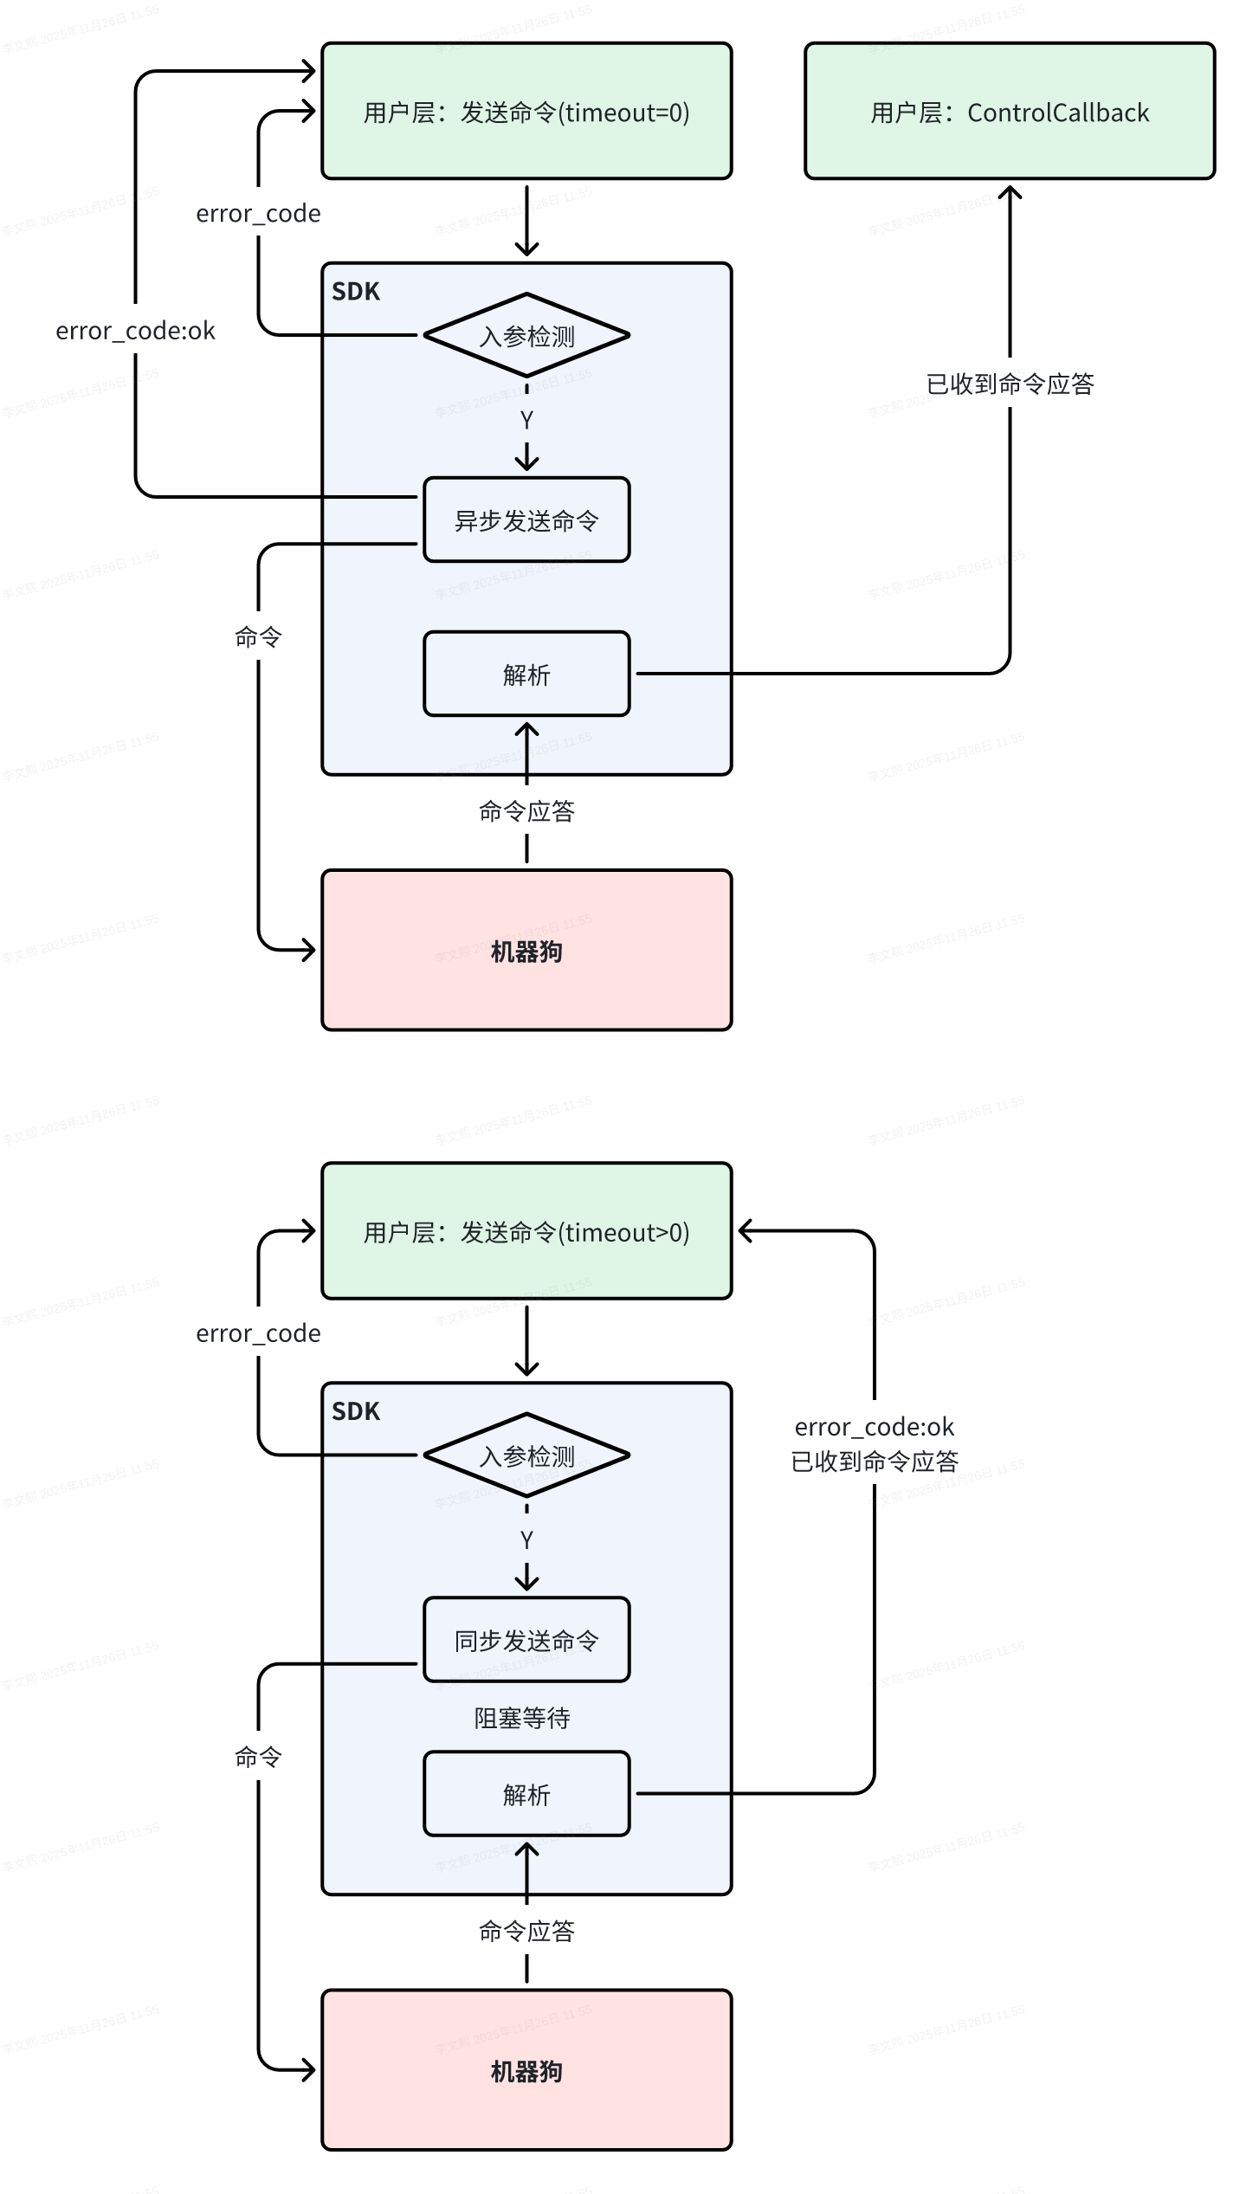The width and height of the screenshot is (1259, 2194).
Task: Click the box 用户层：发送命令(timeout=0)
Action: click(x=526, y=112)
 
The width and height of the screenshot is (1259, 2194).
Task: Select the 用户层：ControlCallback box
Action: click(x=1010, y=112)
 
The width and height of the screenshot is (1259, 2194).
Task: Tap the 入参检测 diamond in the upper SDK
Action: click(x=526, y=335)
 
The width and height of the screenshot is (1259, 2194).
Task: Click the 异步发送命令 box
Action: click(x=526, y=519)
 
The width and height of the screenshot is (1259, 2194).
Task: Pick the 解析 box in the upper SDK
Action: click(x=526, y=674)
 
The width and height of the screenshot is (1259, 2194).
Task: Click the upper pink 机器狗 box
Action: click(x=526, y=951)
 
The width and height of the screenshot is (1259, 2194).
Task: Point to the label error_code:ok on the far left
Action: click(x=135, y=331)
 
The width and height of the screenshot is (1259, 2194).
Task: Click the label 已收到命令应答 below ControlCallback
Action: click(x=1010, y=384)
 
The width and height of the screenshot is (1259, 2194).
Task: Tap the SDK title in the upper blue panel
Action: click(x=356, y=292)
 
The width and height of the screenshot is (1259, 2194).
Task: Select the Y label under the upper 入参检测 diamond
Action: click(x=526, y=421)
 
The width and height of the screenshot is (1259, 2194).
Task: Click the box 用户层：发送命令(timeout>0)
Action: click(x=526, y=1231)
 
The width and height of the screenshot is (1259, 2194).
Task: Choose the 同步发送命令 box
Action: click(x=526, y=1640)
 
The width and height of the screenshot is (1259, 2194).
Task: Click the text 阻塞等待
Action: click(x=522, y=1718)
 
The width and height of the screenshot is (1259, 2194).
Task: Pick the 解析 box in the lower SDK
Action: click(x=526, y=1794)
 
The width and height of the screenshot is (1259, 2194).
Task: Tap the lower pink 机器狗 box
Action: click(x=526, y=2071)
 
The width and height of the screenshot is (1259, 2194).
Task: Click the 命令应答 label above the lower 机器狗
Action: click(x=526, y=1932)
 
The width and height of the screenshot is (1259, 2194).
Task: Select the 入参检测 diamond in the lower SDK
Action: click(x=526, y=1455)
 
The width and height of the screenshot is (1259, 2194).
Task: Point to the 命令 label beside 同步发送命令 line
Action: click(x=258, y=1757)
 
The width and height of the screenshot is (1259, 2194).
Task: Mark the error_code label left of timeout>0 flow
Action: click(x=258, y=1333)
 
